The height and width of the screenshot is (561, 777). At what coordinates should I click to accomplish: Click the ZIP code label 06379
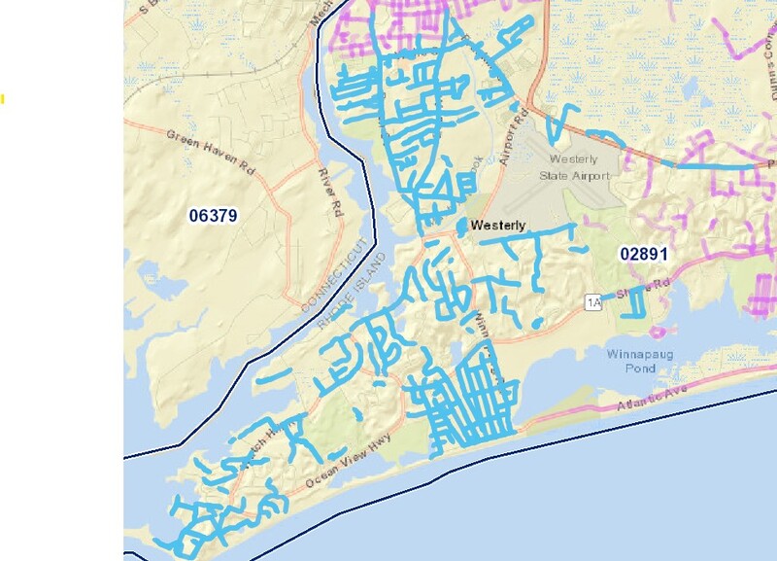click(x=214, y=215)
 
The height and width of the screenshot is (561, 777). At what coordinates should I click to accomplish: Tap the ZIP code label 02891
click(x=644, y=254)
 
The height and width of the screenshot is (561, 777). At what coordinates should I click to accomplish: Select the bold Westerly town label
click(x=497, y=226)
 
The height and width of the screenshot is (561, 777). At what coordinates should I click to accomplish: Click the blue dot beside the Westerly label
click(x=460, y=226)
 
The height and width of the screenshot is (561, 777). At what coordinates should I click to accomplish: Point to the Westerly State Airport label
click(x=580, y=167)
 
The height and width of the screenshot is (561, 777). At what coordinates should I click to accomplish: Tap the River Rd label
click(x=331, y=192)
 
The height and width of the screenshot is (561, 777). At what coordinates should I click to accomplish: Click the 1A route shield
click(x=593, y=303)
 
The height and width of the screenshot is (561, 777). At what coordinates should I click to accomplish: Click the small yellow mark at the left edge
click(x=2, y=98)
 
